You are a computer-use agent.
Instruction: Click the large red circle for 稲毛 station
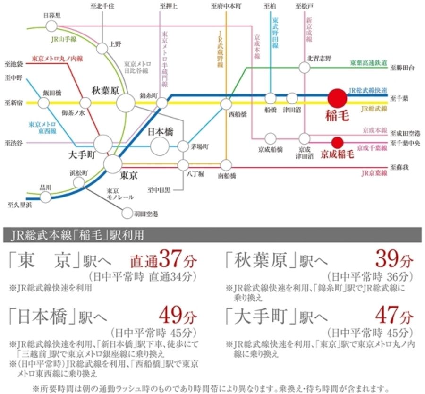pyautogui.click(x=337, y=98)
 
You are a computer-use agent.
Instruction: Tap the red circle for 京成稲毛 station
pyautogui.click(x=337, y=142)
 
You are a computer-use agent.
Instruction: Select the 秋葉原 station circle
pyautogui.click(x=126, y=102)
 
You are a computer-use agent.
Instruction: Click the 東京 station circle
pyautogui.click(x=113, y=164)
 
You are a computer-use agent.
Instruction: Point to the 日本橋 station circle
pyautogui.click(x=160, y=145)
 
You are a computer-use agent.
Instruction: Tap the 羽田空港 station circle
pyautogui.click(x=127, y=214)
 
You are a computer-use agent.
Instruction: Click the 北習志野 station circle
pyautogui.click(x=305, y=68)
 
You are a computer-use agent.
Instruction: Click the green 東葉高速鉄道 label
pyautogui.click(x=368, y=62)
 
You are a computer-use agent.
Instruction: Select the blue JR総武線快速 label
pyautogui.click(x=368, y=90)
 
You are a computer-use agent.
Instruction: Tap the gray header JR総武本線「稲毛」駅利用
pyautogui.click(x=80, y=235)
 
